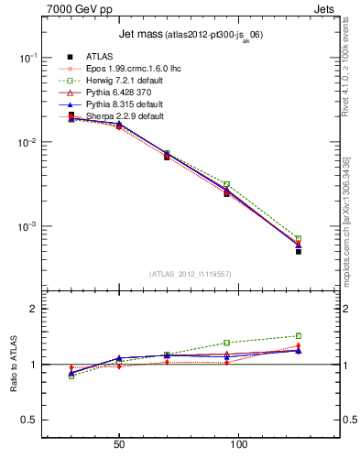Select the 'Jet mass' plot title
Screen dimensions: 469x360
(x=140, y=35)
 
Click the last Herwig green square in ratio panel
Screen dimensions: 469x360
(x=299, y=336)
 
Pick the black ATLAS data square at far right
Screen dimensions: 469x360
(x=299, y=251)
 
